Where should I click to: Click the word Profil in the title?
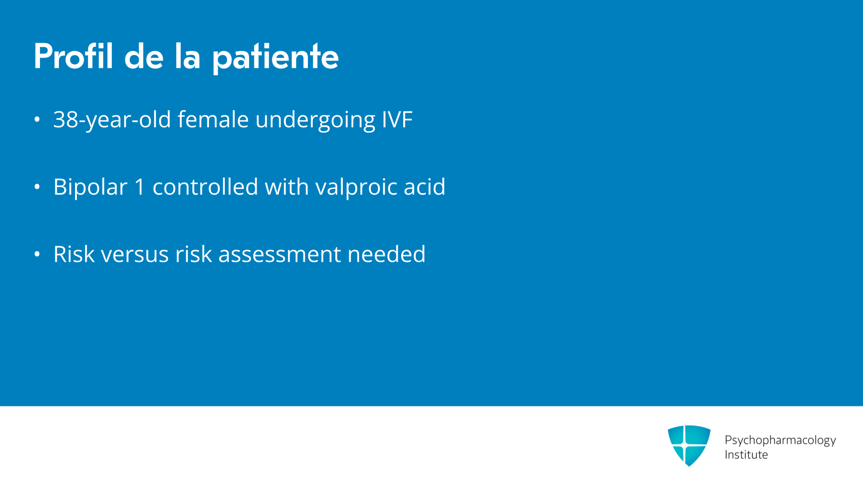(x=73, y=56)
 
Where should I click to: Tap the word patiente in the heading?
(x=275, y=58)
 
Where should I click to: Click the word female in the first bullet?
(x=213, y=119)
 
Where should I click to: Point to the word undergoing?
(x=315, y=120)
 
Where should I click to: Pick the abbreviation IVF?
(x=397, y=120)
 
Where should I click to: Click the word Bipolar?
(x=90, y=187)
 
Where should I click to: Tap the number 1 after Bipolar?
(x=140, y=187)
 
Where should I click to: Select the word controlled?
(x=205, y=186)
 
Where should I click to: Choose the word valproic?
(x=356, y=187)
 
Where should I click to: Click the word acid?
(x=424, y=186)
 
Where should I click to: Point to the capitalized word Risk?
(x=74, y=254)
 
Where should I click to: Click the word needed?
(x=387, y=254)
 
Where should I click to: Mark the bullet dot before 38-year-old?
(x=37, y=119)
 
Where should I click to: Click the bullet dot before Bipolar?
(x=37, y=187)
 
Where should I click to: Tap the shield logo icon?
(x=689, y=445)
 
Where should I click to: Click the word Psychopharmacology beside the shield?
(x=780, y=441)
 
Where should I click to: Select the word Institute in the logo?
(x=746, y=455)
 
